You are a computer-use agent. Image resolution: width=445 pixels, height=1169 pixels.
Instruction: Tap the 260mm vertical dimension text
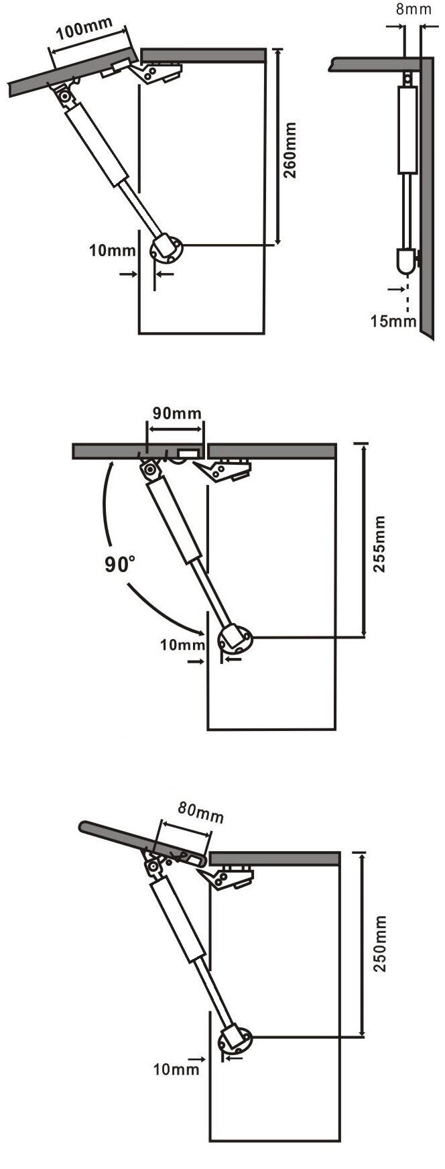(x=290, y=150)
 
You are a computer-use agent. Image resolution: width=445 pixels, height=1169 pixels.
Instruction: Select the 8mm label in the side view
(x=414, y=9)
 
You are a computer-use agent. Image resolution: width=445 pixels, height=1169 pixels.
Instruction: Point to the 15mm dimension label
(x=394, y=321)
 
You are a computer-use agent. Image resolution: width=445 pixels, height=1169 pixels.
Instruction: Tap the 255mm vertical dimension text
(x=379, y=543)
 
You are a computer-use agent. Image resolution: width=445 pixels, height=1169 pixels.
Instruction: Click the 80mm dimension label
(x=200, y=813)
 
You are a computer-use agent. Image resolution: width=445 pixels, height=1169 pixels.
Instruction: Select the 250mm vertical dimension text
(x=381, y=944)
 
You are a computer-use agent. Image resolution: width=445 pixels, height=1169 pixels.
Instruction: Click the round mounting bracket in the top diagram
(x=166, y=249)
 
